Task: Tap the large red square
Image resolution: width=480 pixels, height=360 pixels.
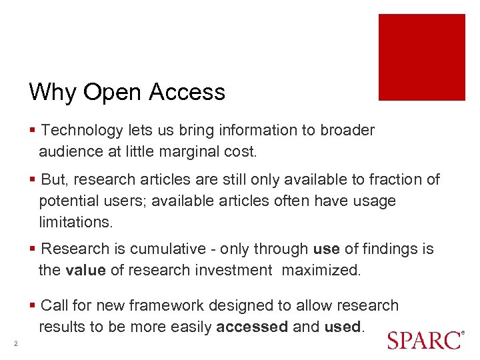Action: [x=421, y=57]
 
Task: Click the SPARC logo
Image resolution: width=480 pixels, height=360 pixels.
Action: [x=424, y=339]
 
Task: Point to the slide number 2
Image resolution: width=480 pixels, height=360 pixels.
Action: [x=14, y=343]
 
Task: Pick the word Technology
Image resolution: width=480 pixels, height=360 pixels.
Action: [x=82, y=131]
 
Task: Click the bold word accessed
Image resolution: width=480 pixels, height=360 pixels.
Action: [x=252, y=327]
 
